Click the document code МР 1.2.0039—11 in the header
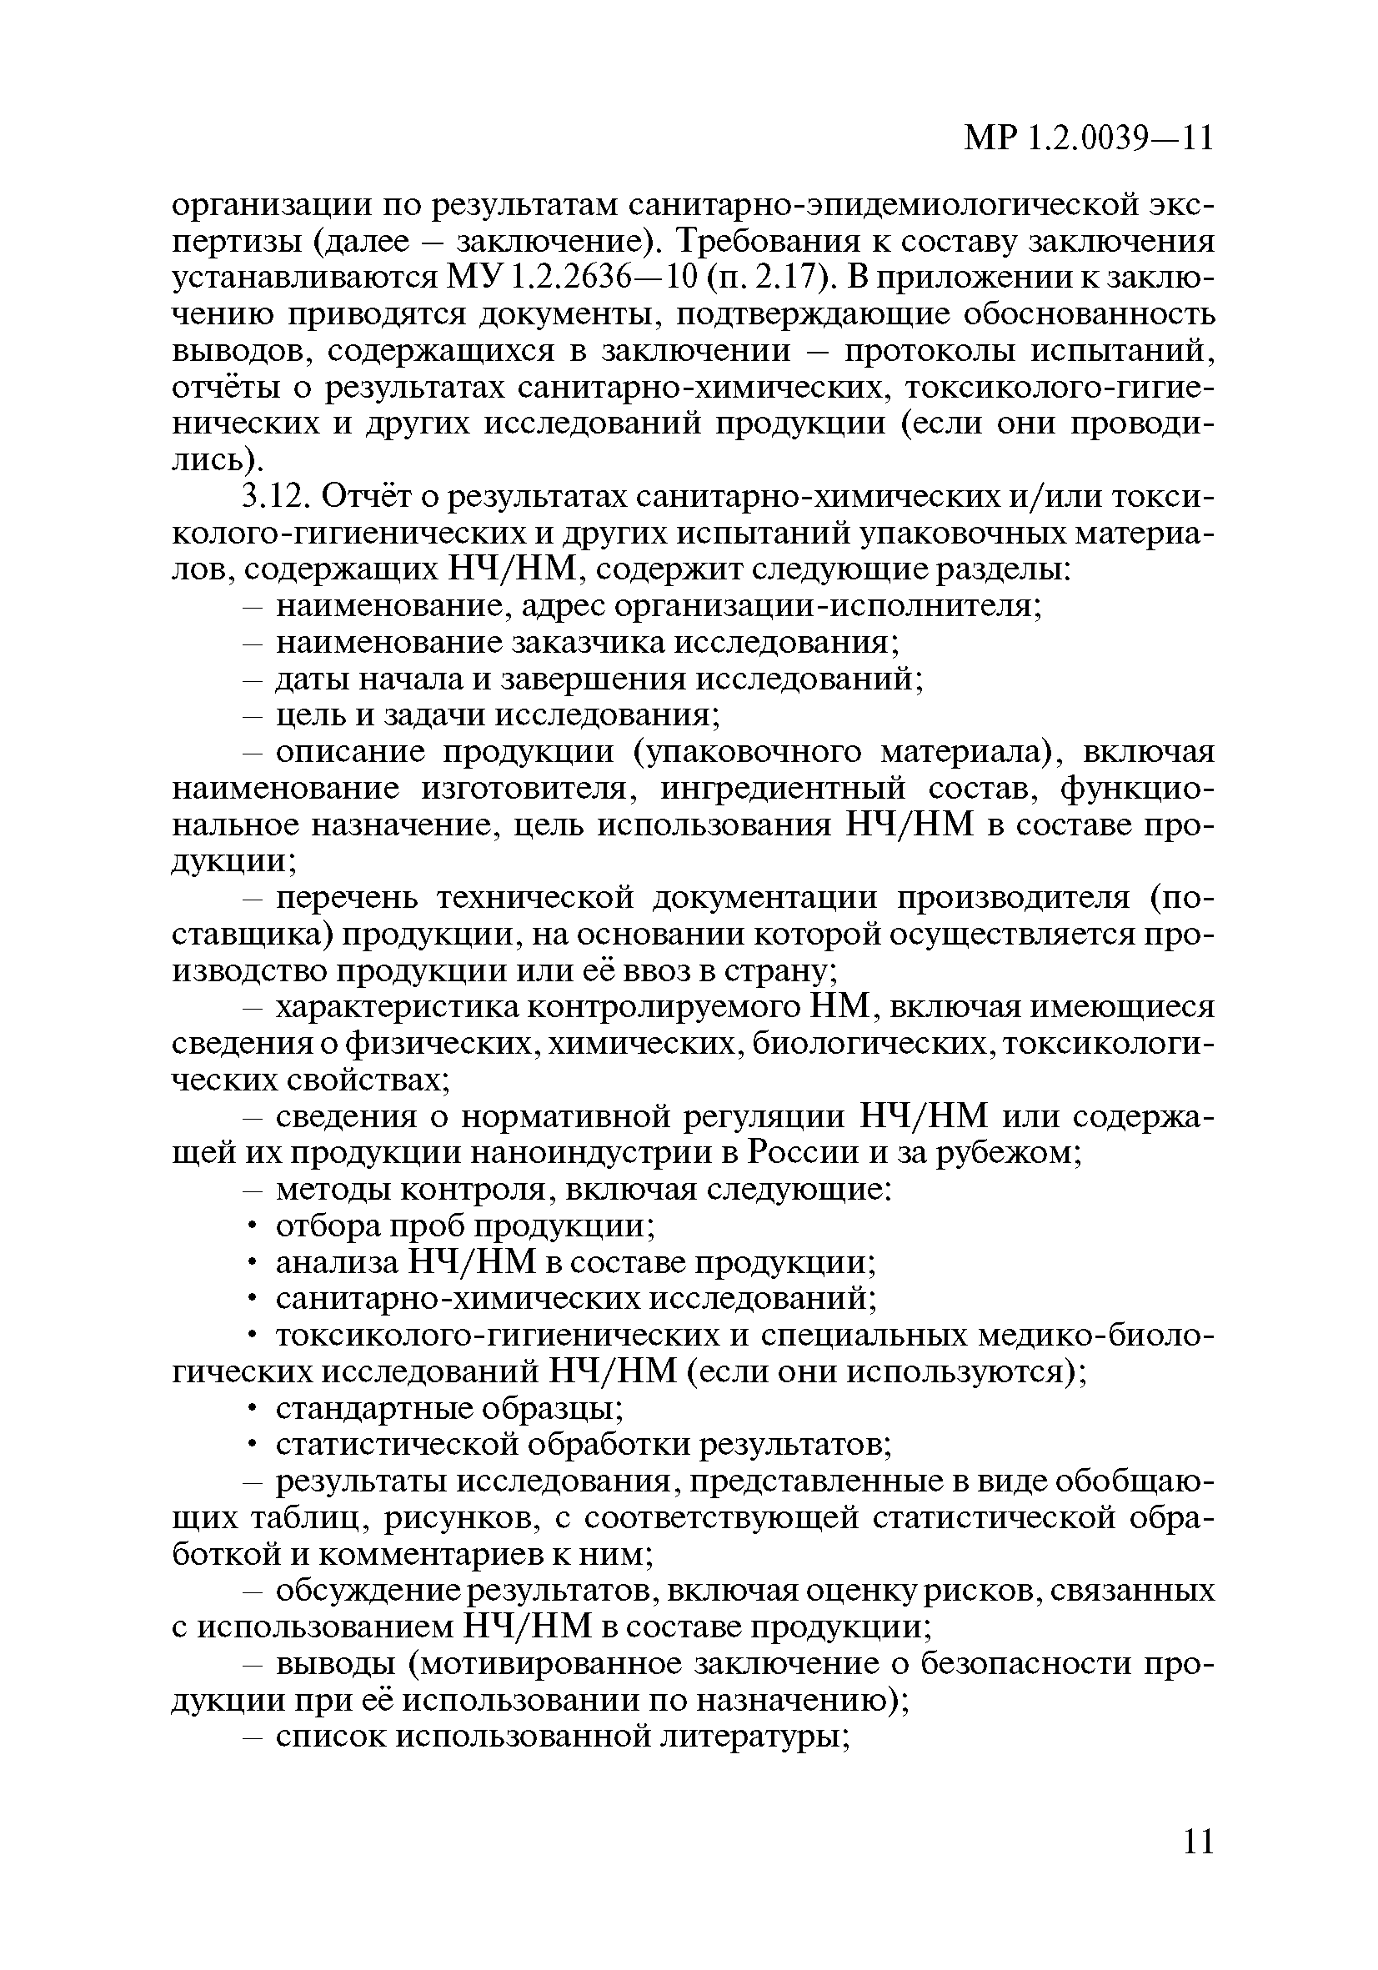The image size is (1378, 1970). coord(1089,138)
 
